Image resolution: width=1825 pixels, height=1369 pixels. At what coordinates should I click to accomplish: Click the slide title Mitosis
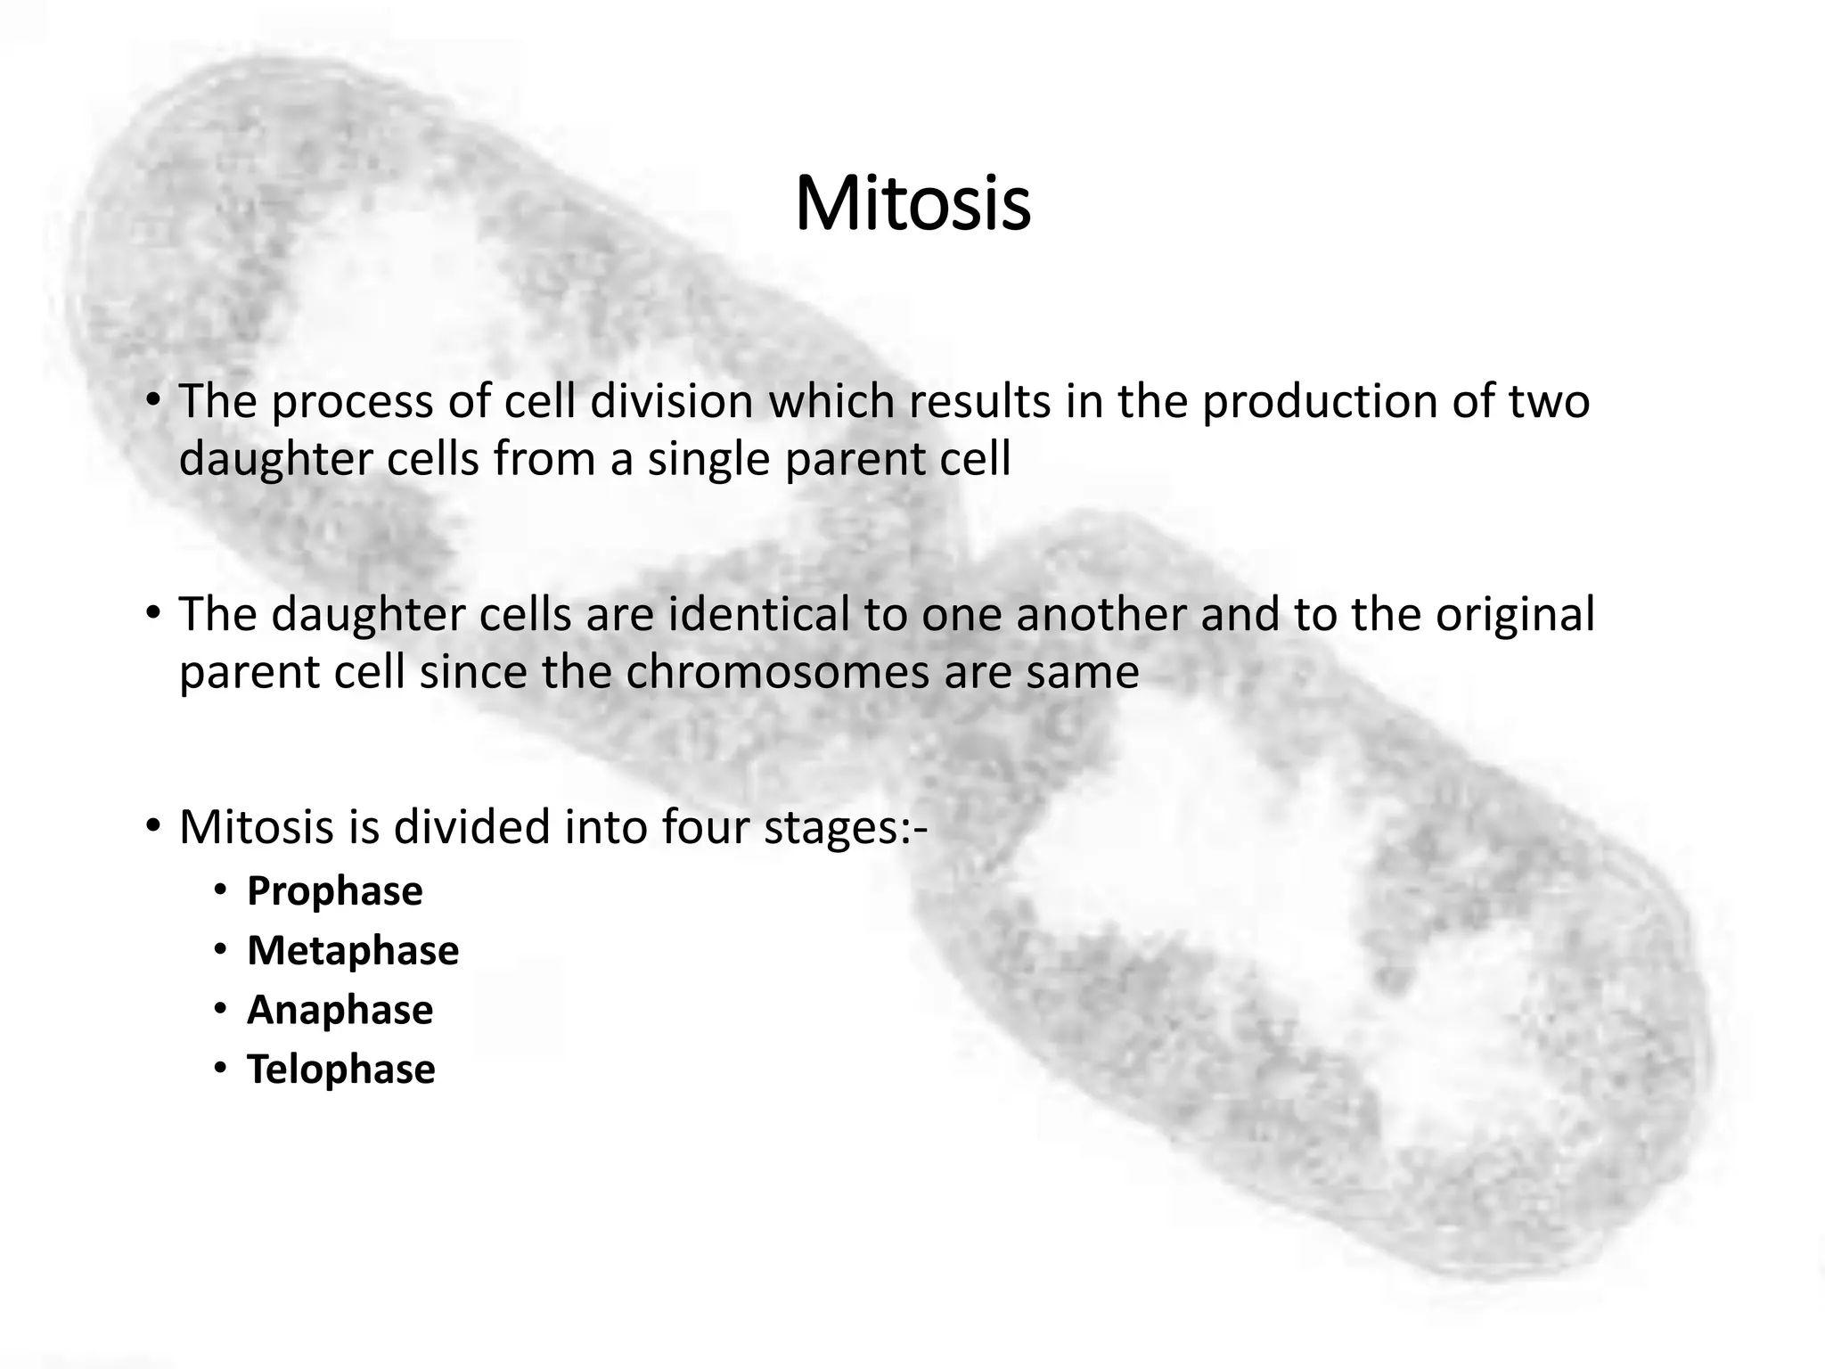tap(912, 205)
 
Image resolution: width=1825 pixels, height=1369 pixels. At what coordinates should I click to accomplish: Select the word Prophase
tap(334, 891)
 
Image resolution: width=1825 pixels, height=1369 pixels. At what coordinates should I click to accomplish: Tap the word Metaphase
tap(353, 951)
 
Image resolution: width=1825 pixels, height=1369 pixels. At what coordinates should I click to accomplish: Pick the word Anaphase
tap(340, 1010)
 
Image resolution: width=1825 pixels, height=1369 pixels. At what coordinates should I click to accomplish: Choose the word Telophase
tap(340, 1070)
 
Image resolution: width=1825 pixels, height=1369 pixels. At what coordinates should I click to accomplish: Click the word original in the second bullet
tap(1514, 614)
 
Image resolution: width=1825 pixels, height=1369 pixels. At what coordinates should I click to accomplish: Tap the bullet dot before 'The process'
tap(152, 400)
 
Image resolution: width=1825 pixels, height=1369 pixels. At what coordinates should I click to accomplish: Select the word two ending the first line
tap(1549, 401)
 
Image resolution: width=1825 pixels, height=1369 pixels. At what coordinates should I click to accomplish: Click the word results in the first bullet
tap(980, 401)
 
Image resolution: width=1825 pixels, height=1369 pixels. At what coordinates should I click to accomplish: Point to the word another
tap(1102, 614)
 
